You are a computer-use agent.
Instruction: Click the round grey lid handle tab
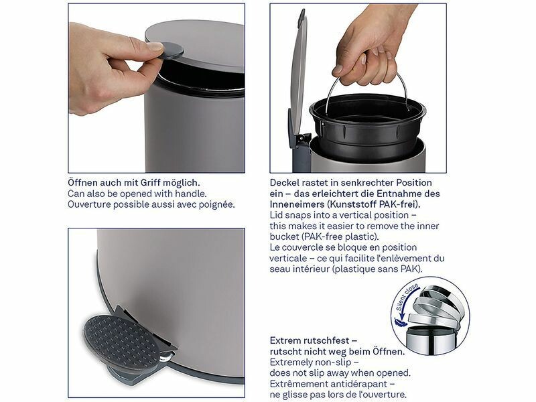170,50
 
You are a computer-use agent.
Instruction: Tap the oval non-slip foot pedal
123,341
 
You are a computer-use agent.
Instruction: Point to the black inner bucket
367,126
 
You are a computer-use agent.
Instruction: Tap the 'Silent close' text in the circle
407,297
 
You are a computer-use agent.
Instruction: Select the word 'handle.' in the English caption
191,194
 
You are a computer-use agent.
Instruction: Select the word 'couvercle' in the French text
302,247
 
